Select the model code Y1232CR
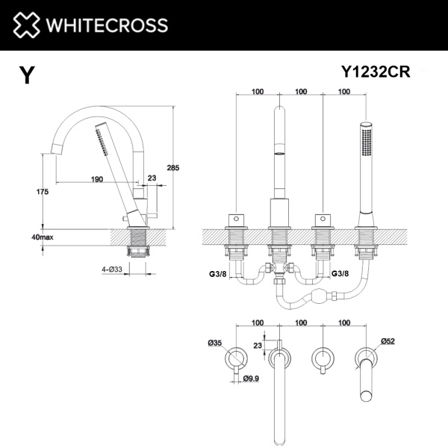click(x=378, y=72)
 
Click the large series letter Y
click(x=27, y=75)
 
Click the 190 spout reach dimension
click(x=97, y=179)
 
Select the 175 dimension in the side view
click(x=42, y=192)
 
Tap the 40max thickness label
click(x=42, y=237)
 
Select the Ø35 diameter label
click(x=215, y=343)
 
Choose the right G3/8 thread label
click(x=340, y=274)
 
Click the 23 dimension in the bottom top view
click(x=258, y=346)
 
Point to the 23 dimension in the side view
click(x=153, y=178)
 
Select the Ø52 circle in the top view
click(x=366, y=358)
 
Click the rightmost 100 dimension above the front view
click(x=344, y=92)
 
